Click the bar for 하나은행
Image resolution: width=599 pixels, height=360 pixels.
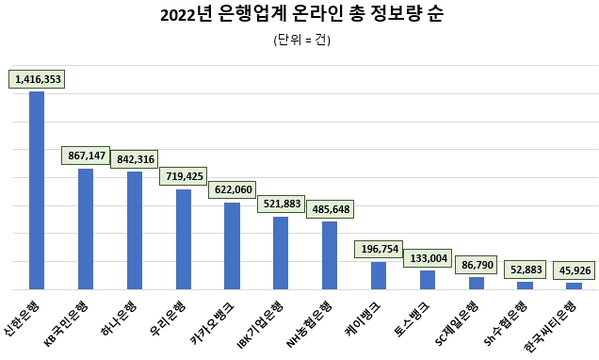pyautogui.click(x=135, y=230)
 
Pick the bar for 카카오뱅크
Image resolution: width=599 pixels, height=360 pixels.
pyautogui.click(x=232, y=245)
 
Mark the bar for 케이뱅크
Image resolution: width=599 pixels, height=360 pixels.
pyautogui.click(x=379, y=275)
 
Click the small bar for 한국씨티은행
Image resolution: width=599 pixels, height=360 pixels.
pyautogui.click(x=574, y=285)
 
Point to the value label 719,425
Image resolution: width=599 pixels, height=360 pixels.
pyautogui.click(x=184, y=176)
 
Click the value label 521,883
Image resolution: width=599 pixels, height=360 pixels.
pyautogui.click(x=281, y=204)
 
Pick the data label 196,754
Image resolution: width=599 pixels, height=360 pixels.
pyautogui.click(x=379, y=249)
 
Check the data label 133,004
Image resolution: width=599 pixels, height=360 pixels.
pyautogui.click(x=428, y=257)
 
